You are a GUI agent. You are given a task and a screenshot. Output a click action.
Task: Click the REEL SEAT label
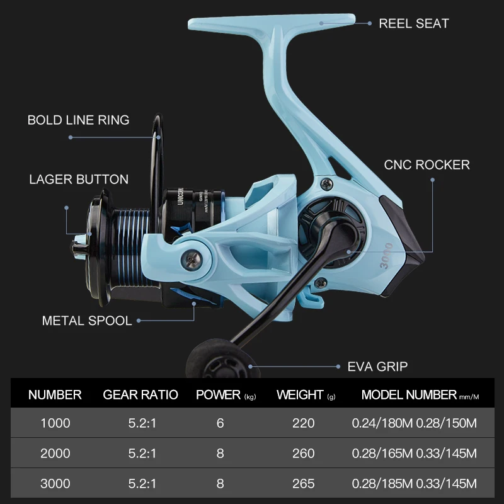click(413, 24)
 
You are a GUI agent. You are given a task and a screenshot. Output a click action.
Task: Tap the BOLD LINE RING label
click(78, 120)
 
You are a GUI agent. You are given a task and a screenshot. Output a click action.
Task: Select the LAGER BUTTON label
click(79, 180)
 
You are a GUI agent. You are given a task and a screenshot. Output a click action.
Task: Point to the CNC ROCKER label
click(427, 165)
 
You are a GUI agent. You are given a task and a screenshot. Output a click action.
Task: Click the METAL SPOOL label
click(87, 321)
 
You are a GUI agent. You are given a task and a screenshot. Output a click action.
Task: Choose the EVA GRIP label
click(377, 366)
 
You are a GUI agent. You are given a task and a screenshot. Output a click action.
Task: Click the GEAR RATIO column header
click(140, 395)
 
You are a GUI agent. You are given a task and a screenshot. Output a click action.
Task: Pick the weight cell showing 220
click(303, 423)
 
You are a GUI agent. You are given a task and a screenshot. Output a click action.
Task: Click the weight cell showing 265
click(303, 484)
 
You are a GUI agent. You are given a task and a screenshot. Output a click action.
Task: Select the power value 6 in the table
click(220, 423)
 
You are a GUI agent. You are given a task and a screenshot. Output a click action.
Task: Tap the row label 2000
click(55, 454)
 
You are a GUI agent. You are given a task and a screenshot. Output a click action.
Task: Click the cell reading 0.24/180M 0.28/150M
click(414, 423)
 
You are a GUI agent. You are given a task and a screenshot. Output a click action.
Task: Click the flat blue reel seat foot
click(271, 24)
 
